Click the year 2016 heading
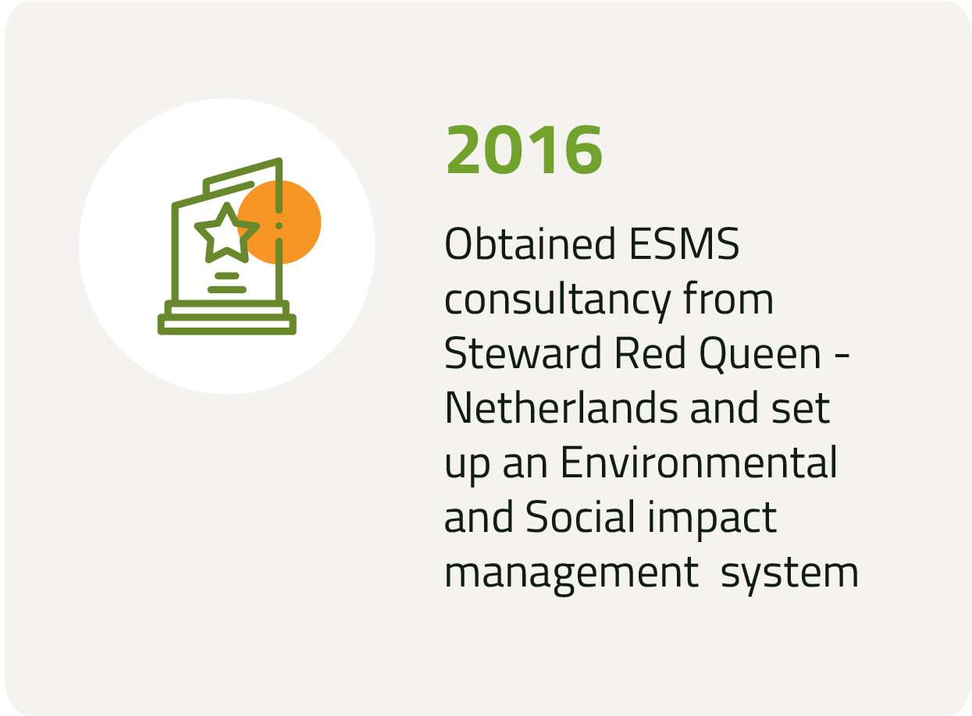pyautogui.click(x=524, y=150)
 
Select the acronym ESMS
pyautogui.click(x=685, y=243)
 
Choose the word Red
pyautogui.click(x=650, y=353)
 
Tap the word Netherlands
pyautogui.click(x=561, y=407)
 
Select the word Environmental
pyautogui.click(x=699, y=462)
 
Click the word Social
pyautogui.click(x=581, y=516)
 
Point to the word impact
pyautogui.click(x=712, y=519)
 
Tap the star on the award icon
pyautogui.click(x=226, y=232)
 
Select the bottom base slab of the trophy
pyautogui.click(x=227, y=324)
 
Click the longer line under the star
pyautogui.click(x=227, y=289)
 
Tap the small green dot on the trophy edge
pyautogui.click(x=279, y=226)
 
